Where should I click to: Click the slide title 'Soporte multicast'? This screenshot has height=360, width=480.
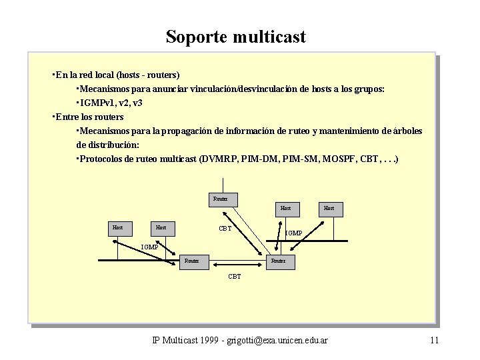235,36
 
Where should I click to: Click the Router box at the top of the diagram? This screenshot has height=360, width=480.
221,199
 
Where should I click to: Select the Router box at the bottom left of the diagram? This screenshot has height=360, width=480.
192,261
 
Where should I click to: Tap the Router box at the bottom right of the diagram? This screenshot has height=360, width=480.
278,261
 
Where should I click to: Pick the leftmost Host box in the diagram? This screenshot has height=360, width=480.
117,228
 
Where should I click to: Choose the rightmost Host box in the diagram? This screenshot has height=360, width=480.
329,209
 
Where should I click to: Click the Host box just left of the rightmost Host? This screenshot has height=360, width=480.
285,209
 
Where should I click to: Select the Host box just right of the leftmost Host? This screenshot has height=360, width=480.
161,228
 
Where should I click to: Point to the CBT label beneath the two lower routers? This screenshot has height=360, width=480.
235,276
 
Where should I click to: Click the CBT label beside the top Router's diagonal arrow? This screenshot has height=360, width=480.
225,229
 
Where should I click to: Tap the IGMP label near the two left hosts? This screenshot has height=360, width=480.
149,247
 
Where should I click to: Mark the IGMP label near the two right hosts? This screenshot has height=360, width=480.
294,233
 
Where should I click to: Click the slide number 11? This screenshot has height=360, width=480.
434,341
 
